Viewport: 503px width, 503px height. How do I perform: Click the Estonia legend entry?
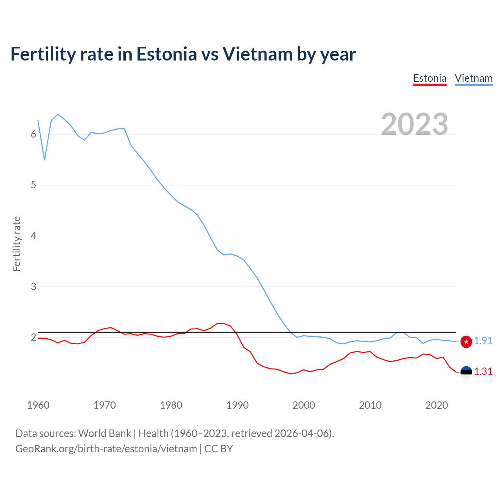point(430,79)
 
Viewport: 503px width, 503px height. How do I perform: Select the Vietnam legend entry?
point(474,79)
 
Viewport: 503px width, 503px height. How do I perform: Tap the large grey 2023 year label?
point(415,124)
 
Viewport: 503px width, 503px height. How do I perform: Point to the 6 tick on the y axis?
point(33,134)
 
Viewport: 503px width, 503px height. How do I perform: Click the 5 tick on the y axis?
point(33,185)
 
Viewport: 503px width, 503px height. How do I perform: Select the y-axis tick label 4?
point(33,236)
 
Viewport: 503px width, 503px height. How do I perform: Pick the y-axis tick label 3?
point(33,287)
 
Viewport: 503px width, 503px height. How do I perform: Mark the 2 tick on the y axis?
point(33,338)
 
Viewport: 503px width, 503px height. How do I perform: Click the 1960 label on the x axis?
point(38,405)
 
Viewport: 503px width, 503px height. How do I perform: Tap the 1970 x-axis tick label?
point(105,405)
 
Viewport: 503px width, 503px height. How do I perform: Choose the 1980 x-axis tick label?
point(171,405)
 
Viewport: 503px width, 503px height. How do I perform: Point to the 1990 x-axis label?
point(237,405)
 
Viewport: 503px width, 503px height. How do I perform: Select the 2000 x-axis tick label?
point(304,405)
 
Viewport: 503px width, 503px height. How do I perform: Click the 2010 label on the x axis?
point(370,405)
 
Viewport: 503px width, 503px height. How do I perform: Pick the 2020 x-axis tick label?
point(437,405)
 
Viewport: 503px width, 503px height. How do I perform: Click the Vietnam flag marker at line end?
point(466,341)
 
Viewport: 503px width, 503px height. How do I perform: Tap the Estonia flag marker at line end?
point(466,372)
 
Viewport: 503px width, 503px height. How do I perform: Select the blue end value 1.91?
point(483,341)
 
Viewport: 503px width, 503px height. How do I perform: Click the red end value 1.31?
point(483,372)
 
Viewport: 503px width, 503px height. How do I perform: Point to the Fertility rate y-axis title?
point(17,244)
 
